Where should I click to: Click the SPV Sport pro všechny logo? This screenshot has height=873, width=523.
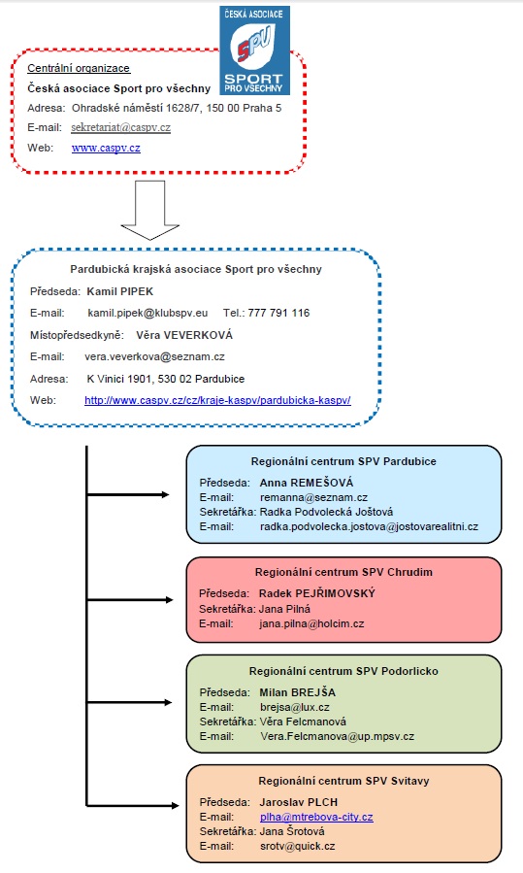click(x=255, y=50)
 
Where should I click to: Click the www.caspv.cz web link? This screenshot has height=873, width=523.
click(x=106, y=149)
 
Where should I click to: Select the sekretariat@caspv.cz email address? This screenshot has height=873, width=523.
click(x=120, y=127)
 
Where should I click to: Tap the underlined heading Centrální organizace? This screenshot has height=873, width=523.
click(x=79, y=69)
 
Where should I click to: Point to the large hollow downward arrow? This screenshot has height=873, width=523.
click(x=150, y=211)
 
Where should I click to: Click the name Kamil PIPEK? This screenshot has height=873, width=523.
click(x=120, y=291)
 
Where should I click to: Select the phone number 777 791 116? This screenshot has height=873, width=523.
click(x=278, y=313)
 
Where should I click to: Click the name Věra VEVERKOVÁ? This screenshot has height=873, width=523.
click(x=184, y=335)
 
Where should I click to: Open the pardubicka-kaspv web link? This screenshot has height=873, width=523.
click(x=217, y=400)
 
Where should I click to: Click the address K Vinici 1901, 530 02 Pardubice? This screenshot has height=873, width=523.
click(x=166, y=379)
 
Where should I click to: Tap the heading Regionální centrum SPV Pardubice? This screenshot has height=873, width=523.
click(x=343, y=461)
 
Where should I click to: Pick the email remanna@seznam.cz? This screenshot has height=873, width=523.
click(x=313, y=498)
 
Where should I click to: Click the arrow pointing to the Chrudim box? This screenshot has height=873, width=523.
click(x=130, y=599)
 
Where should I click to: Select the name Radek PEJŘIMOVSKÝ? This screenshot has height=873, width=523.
click(x=317, y=593)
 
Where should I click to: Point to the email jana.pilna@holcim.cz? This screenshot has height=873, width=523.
click(x=311, y=624)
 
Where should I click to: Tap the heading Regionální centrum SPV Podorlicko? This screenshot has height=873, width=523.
click(x=343, y=671)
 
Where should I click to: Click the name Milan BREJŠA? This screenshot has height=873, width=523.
click(x=298, y=692)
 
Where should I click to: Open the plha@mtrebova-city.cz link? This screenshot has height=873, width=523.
click(x=316, y=818)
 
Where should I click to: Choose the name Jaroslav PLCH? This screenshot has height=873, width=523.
click(x=299, y=802)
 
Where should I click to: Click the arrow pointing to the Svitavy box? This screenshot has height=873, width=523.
click(x=132, y=805)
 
